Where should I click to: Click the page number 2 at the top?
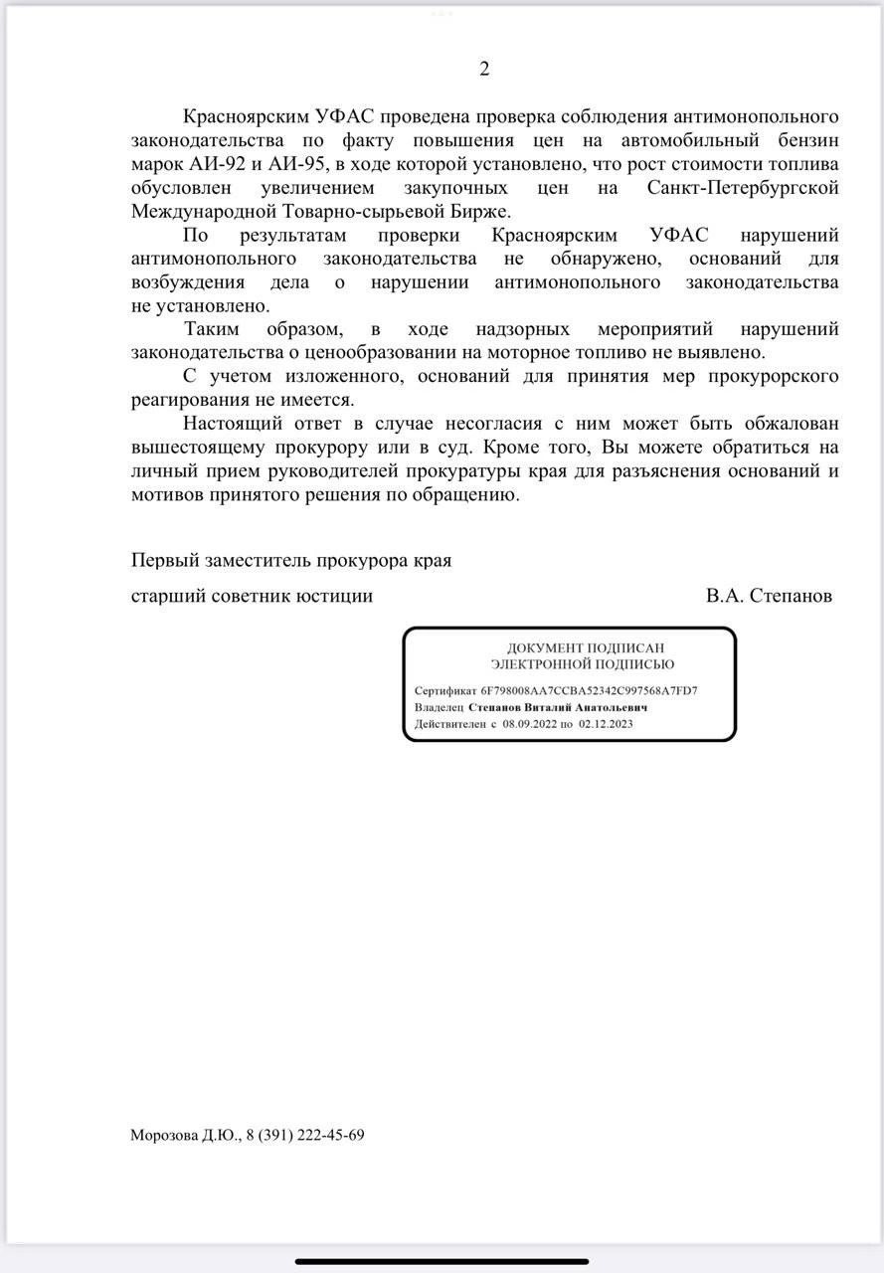click(484, 69)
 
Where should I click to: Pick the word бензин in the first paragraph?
click(803, 140)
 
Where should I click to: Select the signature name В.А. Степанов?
click(769, 596)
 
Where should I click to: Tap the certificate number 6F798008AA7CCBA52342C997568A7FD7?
click(589, 690)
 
